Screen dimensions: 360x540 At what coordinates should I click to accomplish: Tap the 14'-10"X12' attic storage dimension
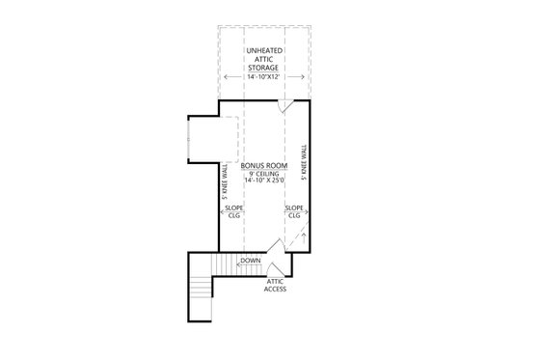(263, 76)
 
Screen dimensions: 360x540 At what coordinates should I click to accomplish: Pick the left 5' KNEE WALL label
(224, 180)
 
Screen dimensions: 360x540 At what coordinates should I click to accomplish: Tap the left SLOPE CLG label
(233, 211)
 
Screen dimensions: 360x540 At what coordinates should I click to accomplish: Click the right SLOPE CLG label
(294, 211)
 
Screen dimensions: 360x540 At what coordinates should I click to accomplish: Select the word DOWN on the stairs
(250, 261)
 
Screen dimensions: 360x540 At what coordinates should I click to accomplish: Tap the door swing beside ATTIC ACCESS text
(274, 269)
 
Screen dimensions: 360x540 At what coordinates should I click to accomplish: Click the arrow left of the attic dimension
(228, 76)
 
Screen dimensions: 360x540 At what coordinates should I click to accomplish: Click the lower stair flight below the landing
(201, 289)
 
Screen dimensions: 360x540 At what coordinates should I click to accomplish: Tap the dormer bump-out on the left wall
(203, 139)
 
